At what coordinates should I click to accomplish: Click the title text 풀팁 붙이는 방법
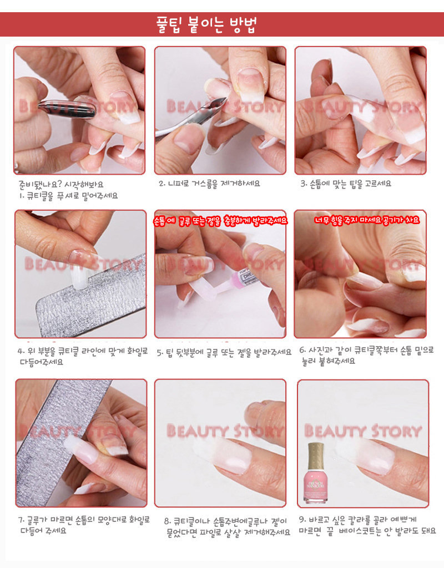(206, 24)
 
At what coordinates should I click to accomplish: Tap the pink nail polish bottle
(315, 473)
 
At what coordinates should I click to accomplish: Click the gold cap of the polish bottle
(315, 456)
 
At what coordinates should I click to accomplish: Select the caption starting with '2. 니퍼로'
(209, 184)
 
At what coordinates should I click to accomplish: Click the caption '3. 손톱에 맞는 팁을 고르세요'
(345, 184)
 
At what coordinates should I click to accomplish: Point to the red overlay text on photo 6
(366, 220)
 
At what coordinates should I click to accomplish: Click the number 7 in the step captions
(21, 520)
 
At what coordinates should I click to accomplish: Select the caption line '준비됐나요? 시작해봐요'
(61, 184)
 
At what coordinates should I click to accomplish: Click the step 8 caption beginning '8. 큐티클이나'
(227, 527)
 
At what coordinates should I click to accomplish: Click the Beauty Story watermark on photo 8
(224, 431)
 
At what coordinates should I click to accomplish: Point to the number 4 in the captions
(20, 351)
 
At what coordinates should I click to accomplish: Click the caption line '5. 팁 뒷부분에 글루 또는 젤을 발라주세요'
(224, 352)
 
